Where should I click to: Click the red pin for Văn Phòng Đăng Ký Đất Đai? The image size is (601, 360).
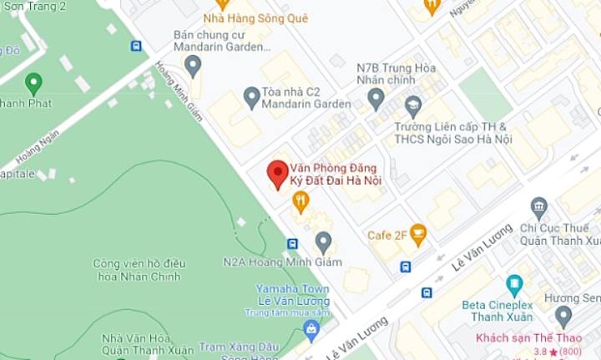click(277, 174)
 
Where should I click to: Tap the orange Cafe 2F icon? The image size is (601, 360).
click(418, 235)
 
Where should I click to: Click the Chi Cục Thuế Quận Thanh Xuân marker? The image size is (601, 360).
click(539, 207)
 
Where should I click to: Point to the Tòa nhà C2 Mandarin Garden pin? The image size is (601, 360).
click(251, 97)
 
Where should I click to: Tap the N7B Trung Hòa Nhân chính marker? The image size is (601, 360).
click(376, 99)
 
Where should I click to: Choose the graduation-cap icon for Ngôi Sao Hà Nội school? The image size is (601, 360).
click(412, 106)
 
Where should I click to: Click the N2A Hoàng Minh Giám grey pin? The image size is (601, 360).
click(323, 242)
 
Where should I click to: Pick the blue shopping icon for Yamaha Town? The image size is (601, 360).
click(311, 328)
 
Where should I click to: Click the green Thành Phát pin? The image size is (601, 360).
click(33, 84)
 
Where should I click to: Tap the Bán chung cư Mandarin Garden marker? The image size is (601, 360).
click(194, 64)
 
